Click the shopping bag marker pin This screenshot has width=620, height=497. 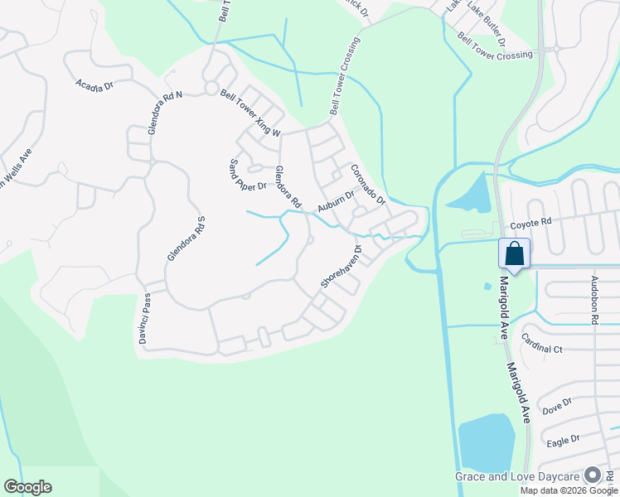514,253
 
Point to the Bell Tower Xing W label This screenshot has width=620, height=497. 251,113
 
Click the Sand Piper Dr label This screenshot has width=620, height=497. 247,174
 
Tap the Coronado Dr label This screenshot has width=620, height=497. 367,184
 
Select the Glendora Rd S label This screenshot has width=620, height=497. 185,238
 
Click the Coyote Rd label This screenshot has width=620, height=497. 530,223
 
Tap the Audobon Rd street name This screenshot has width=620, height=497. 594,300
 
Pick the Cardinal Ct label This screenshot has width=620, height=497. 541,343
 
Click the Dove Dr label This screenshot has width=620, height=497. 557,406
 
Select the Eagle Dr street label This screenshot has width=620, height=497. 563,440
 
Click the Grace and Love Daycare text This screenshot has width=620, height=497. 518,476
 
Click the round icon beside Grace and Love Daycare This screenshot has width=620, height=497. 593,475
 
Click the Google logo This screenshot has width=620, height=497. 27,487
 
